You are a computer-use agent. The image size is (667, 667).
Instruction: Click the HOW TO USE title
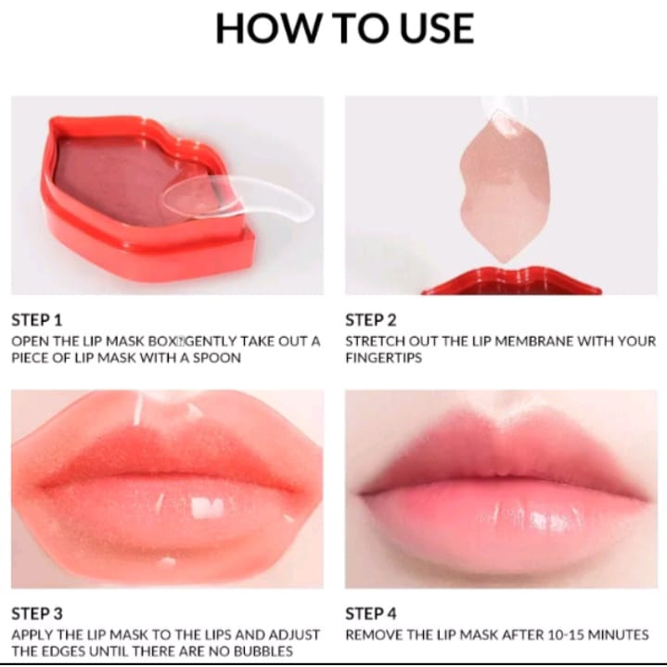344,28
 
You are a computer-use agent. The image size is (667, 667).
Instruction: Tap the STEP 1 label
36,320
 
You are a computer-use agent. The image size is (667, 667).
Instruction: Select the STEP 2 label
370,320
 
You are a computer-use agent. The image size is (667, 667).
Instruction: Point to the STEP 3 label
36,613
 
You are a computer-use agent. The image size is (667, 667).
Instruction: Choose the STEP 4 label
370,613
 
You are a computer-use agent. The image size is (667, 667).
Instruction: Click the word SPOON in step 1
216,358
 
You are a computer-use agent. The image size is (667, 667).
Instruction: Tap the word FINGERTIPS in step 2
383,358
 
